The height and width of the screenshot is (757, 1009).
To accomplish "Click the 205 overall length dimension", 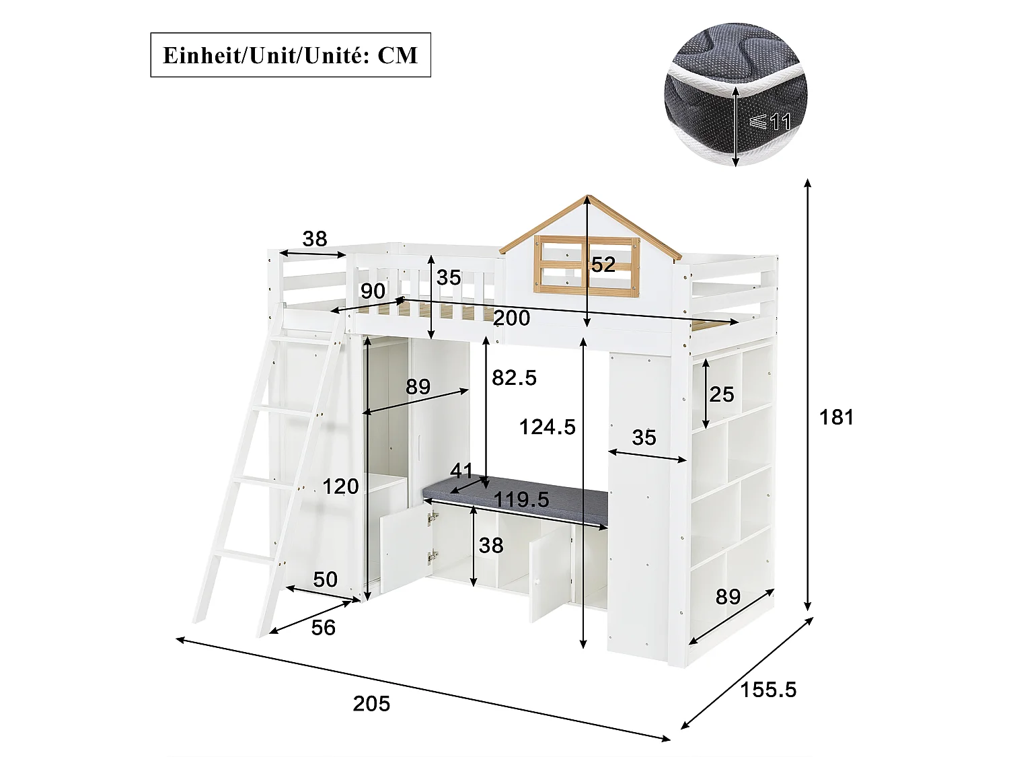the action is (x=371, y=704).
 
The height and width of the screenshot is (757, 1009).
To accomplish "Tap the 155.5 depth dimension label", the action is (x=768, y=690).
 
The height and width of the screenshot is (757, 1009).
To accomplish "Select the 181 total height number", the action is (x=836, y=417).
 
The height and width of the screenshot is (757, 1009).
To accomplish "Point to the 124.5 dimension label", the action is (x=547, y=427).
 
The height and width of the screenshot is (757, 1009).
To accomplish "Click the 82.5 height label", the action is (x=514, y=377).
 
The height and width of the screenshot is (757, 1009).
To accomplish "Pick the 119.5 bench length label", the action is (x=521, y=499).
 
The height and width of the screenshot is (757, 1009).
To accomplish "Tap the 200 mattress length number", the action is (x=512, y=318).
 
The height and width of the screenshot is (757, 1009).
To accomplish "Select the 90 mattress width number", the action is (x=373, y=291).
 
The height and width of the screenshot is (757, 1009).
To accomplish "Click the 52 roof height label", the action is (x=603, y=264).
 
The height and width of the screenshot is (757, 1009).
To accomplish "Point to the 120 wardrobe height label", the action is (x=340, y=486).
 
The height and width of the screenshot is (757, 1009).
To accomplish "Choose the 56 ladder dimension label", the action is (x=324, y=628).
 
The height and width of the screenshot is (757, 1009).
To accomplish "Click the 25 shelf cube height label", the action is (x=722, y=394).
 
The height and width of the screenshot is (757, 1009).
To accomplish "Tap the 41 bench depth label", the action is (x=461, y=470).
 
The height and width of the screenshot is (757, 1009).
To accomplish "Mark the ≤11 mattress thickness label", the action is (x=770, y=122).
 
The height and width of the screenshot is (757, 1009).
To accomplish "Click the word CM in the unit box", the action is (x=398, y=56).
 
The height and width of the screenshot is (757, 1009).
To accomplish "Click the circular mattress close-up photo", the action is (x=735, y=94).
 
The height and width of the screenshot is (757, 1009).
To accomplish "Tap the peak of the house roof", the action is (x=587, y=196).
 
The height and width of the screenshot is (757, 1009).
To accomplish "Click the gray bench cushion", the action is (x=515, y=501).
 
